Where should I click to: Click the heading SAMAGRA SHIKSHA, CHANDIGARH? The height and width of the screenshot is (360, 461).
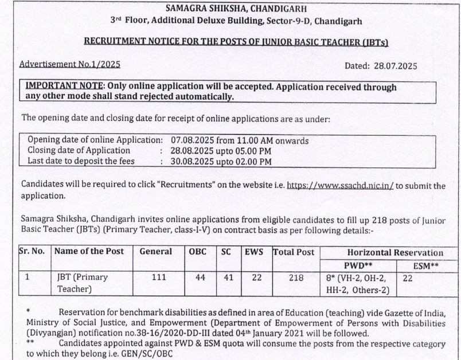[x=236, y=9]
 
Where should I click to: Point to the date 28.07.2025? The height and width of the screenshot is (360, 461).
[x=396, y=66]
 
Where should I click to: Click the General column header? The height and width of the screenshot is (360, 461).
[x=155, y=252]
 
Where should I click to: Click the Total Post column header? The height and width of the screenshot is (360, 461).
[x=294, y=252]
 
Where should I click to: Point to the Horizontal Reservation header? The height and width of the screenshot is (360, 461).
[x=395, y=252]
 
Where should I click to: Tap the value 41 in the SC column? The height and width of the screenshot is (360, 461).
[x=226, y=277]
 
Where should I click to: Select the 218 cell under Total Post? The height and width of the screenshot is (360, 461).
[x=294, y=277]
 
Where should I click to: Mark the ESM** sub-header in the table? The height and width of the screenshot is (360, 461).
[x=427, y=266]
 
